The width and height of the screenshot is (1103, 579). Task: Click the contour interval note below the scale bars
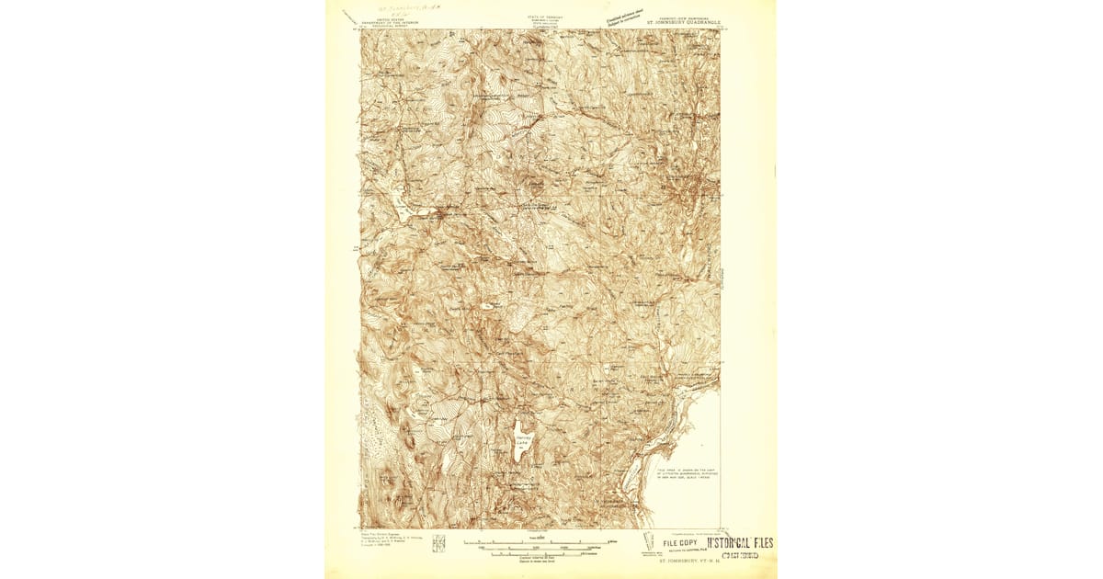tap(528, 560)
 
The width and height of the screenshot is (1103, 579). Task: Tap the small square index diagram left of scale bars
tap(438, 543)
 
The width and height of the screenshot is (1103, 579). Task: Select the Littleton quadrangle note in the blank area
tap(686, 475)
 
